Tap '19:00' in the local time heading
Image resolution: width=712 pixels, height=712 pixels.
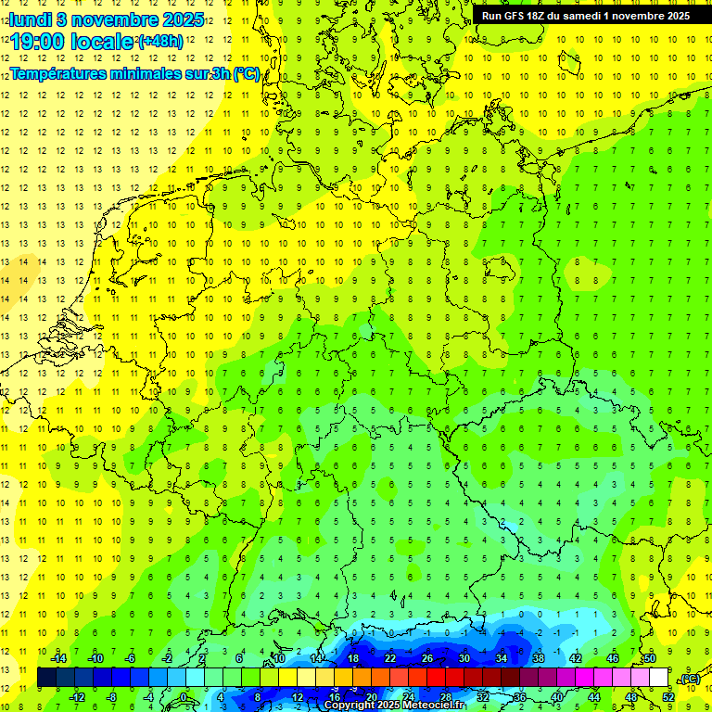(x=39, y=41)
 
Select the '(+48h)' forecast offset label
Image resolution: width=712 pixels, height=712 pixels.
(x=159, y=42)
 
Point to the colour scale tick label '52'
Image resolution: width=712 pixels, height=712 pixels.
(x=668, y=697)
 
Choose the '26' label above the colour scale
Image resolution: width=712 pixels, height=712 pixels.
(x=427, y=658)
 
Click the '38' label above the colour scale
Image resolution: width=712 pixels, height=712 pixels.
(x=539, y=658)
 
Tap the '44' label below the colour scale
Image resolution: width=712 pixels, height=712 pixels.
(x=594, y=697)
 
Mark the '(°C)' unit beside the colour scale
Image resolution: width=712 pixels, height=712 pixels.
(x=690, y=679)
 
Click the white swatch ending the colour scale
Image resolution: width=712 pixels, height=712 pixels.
(x=659, y=678)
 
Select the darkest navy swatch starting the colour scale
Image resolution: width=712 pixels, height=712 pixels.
(x=47, y=678)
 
